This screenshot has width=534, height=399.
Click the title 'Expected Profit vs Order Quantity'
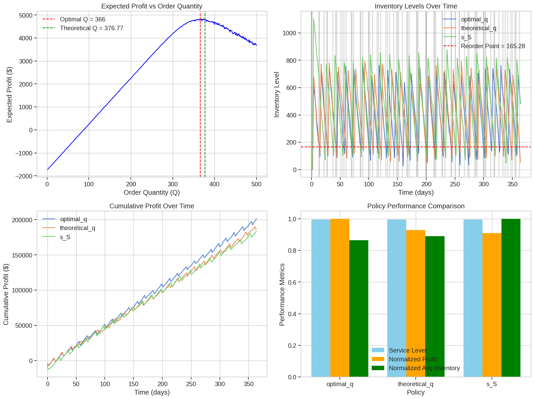[x=152, y=6]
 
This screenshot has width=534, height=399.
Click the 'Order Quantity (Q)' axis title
[x=152, y=192]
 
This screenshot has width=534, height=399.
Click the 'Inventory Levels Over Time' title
[x=416, y=6]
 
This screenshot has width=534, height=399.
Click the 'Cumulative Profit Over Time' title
[x=152, y=206]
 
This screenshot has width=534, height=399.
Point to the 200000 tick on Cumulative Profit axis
[x=22, y=220]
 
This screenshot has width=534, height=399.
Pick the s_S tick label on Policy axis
[x=492, y=384]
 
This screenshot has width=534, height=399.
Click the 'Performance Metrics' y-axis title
[x=282, y=294]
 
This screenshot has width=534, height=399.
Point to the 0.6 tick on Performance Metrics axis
[x=292, y=282]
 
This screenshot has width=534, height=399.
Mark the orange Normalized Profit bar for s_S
[x=492, y=305]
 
